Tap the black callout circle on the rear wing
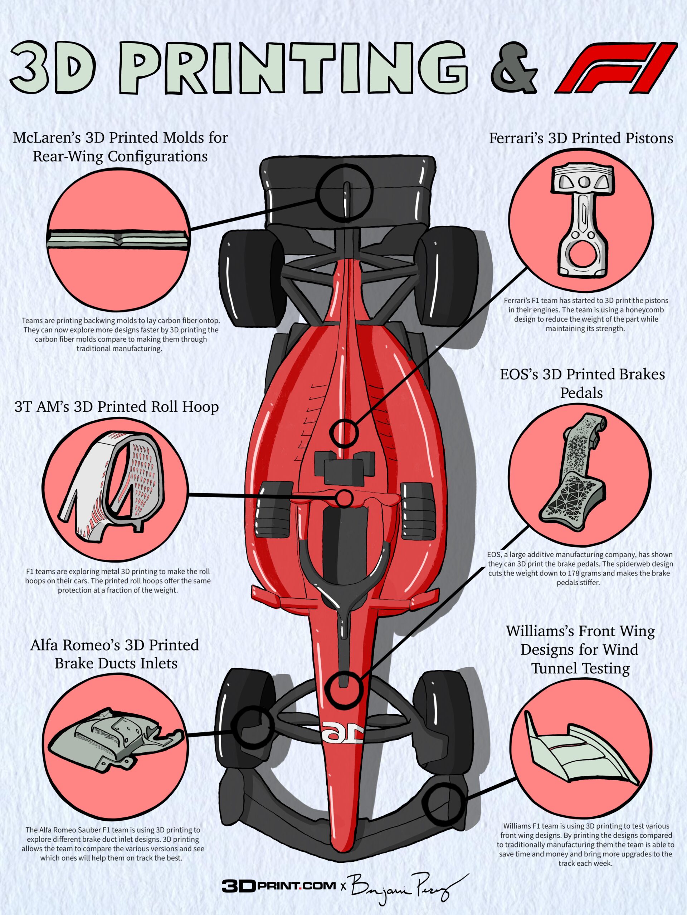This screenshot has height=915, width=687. click(x=344, y=192)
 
